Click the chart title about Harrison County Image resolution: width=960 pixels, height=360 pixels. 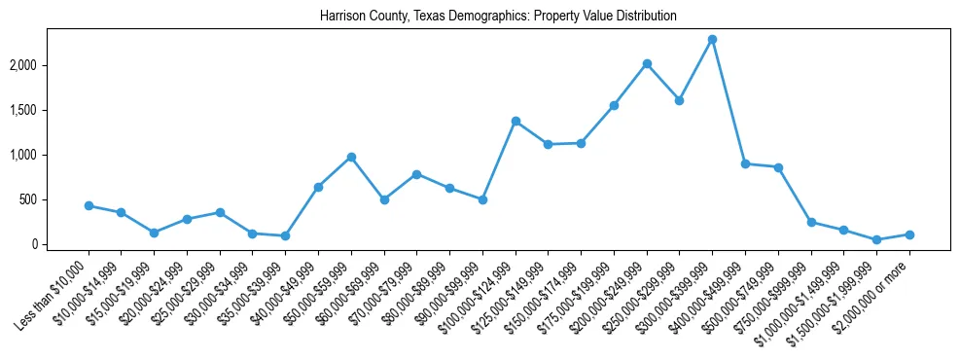pos(498,17)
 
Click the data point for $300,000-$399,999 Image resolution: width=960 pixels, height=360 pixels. pos(712,40)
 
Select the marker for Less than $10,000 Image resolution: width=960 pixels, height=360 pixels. pos(89,206)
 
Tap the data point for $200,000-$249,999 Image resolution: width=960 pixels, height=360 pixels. pos(647,64)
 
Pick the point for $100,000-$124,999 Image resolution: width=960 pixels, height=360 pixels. pos(516,122)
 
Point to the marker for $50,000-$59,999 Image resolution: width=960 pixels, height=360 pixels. pos(351,157)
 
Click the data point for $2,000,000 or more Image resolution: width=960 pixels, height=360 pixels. pos(909,234)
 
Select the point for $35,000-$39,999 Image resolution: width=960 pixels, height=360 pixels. pos(285,236)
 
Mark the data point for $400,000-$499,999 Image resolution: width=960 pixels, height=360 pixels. pos(745,164)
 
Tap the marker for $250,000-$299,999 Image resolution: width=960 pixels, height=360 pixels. pos(679,100)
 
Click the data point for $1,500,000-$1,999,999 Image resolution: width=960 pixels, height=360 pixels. pos(876,239)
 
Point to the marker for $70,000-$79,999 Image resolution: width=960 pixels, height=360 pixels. pos(416,174)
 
